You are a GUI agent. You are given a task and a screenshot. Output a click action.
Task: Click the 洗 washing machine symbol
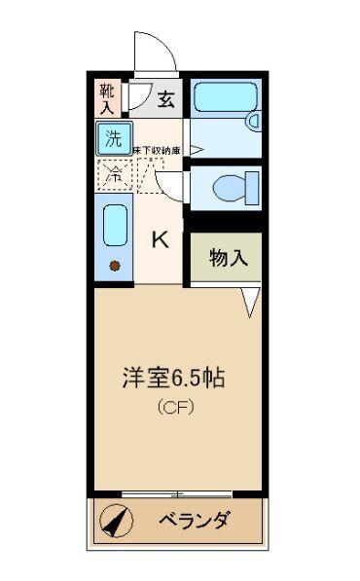[x=113, y=138]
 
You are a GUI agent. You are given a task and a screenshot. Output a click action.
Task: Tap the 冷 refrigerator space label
[x=113, y=175]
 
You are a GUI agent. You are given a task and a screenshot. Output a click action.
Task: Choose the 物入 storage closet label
[x=229, y=258]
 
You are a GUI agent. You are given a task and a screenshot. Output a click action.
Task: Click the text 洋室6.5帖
[x=172, y=378]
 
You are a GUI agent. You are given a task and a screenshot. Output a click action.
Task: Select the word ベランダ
[x=195, y=521]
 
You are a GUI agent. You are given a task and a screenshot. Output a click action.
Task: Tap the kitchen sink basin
[x=115, y=226]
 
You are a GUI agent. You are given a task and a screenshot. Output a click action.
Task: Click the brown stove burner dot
[x=115, y=265]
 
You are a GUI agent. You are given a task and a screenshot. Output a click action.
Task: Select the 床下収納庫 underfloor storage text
[x=158, y=150]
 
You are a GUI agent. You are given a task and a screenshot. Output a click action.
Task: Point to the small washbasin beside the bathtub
[x=252, y=121]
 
